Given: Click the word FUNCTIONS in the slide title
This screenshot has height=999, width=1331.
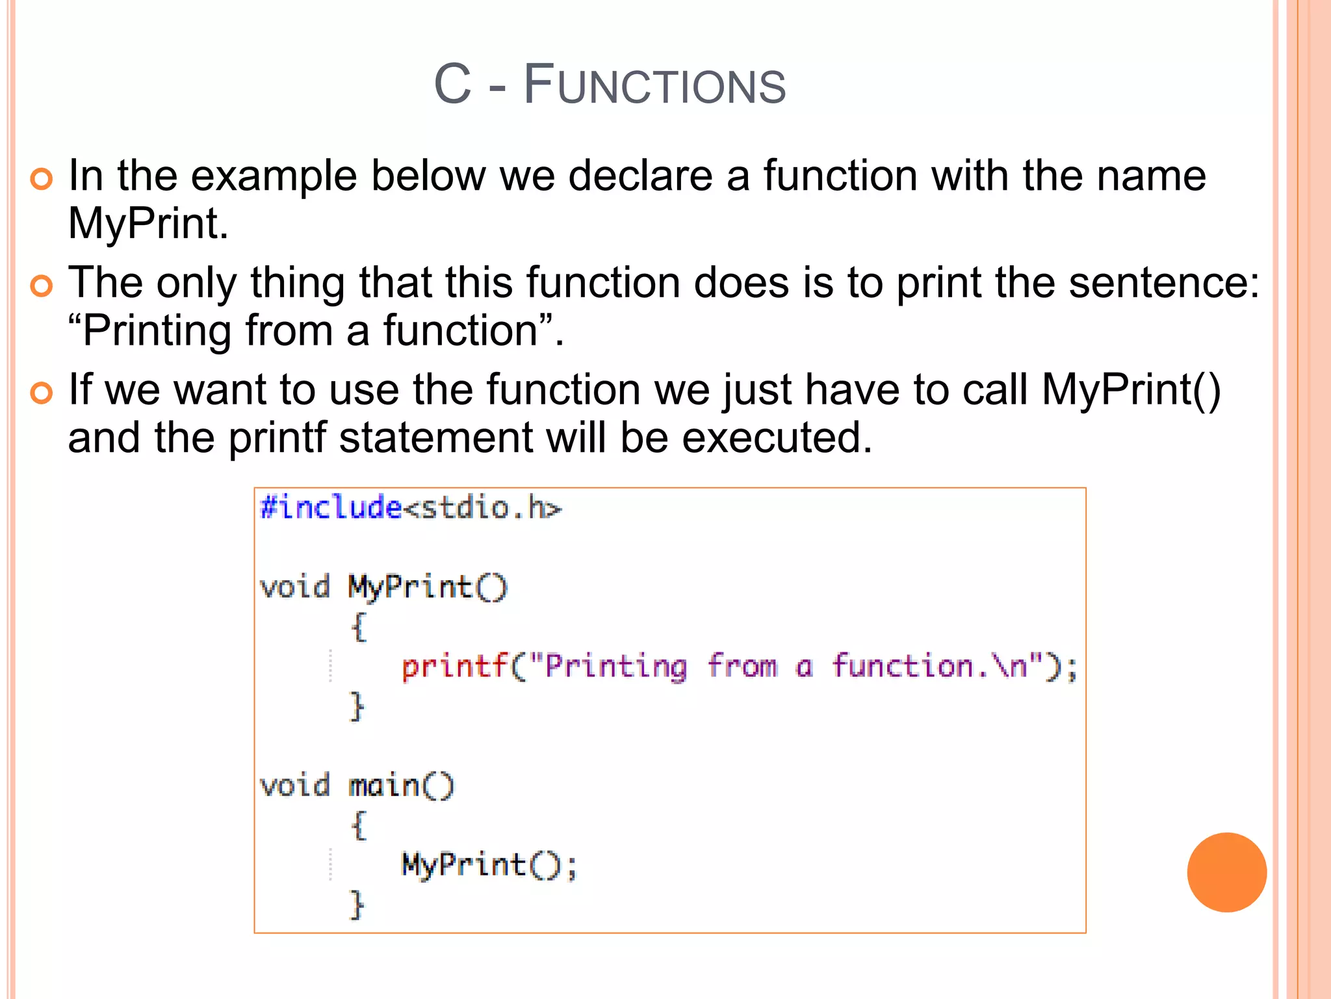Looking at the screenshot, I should pos(654,85).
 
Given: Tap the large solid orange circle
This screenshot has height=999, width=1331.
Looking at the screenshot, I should pos(1226,872).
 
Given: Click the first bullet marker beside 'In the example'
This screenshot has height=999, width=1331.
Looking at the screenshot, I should pos(41,179).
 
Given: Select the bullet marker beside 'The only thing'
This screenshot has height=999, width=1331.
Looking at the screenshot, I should pos(41,286).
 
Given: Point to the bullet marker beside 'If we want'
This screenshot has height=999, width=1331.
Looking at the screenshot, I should pos(41,392).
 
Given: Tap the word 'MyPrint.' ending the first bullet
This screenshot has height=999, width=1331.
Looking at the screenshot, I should pos(148,224).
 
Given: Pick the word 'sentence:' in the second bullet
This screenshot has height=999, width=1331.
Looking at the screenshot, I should pos(1164,283).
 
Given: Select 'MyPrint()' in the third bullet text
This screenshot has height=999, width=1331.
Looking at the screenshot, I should pos(1131,390).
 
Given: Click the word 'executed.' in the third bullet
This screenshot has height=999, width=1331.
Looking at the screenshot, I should pos(777,437).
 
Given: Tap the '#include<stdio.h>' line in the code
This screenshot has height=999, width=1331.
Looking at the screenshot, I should pos(410,507).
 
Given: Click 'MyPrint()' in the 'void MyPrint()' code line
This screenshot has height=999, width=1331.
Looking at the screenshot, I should pos(427,587).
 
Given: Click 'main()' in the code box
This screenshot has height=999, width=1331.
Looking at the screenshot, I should pos(401,786).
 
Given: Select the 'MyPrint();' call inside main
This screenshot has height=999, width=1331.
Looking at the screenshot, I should pos(489,865).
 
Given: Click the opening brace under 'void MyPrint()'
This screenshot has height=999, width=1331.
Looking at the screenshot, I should pos(359,627).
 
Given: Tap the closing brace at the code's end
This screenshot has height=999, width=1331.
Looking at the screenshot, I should pos(357,905).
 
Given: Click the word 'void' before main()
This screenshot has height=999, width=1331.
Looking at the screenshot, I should pos(294,786).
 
